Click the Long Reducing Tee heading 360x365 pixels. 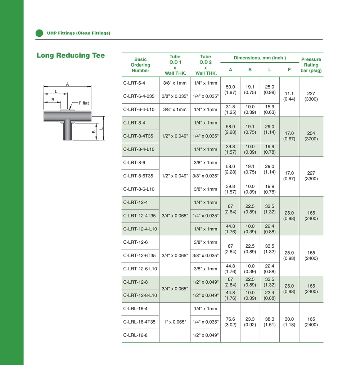(x=71, y=55)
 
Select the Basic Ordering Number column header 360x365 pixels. (x=140, y=65)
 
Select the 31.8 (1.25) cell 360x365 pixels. (x=230, y=109)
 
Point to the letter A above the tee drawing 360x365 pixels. (x=67, y=84)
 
